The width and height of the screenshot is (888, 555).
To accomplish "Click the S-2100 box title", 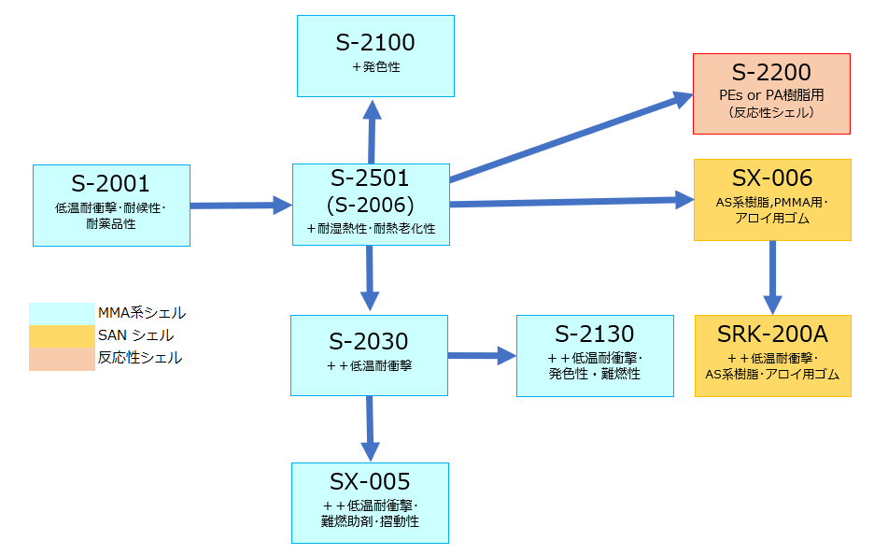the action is [x=375, y=43].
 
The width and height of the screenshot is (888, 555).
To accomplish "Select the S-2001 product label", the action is [x=110, y=184].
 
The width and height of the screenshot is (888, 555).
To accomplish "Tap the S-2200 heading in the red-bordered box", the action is [x=771, y=73].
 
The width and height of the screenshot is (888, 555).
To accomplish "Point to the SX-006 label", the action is [x=772, y=178].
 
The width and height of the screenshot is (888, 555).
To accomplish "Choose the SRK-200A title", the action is [x=772, y=334].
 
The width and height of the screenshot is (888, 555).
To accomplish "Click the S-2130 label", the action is [x=595, y=334].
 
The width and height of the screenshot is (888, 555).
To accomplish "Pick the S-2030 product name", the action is [x=369, y=341].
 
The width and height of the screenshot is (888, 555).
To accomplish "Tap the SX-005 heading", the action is [x=370, y=482].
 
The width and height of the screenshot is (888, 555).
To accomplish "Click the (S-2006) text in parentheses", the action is [x=371, y=206].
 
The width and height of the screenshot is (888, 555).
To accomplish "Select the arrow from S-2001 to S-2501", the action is [x=241, y=206].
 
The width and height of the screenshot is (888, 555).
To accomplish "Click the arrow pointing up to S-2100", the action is [x=372, y=132].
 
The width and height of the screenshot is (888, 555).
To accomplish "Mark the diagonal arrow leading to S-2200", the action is [x=571, y=136].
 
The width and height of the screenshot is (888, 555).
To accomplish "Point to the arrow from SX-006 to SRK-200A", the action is [x=772, y=277].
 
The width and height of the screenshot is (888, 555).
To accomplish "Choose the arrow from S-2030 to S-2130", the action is [x=482, y=355].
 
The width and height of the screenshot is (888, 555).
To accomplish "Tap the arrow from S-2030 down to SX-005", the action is [x=370, y=429].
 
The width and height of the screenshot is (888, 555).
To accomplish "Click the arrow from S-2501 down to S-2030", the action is [x=370, y=277].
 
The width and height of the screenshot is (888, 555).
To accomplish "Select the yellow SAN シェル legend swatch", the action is [x=62, y=336].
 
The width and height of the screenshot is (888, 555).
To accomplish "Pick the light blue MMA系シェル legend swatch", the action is [x=62, y=314].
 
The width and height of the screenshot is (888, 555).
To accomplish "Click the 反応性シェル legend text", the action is [x=140, y=358].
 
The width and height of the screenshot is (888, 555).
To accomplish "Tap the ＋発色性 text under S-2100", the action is [x=376, y=67].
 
